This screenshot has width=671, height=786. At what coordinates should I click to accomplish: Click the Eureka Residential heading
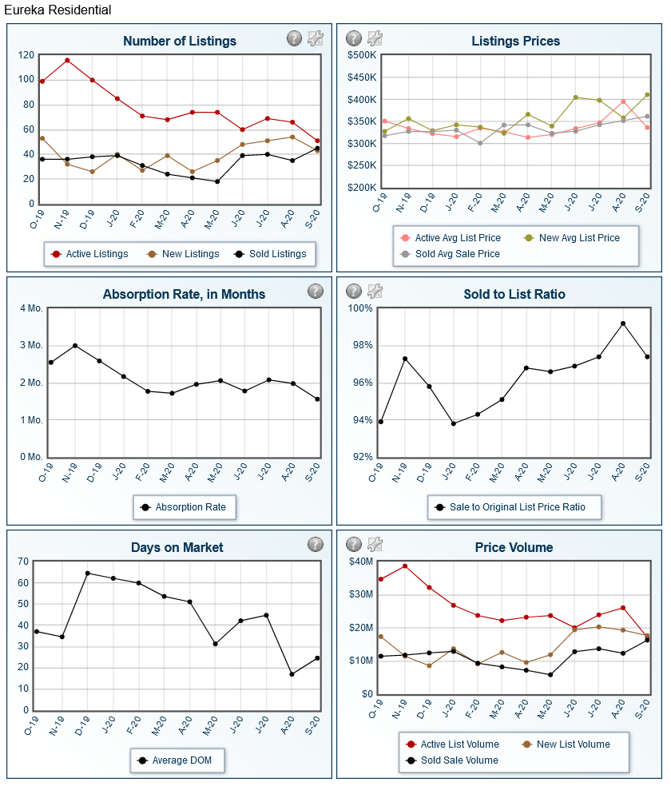pyautogui.click(x=58, y=10)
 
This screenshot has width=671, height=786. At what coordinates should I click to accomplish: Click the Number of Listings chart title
pyautogui.click(x=180, y=41)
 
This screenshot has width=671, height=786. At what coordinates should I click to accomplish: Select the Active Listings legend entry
pyautogui.click(x=97, y=254)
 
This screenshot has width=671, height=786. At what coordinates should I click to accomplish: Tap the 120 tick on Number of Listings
pyautogui.click(x=25, y=55)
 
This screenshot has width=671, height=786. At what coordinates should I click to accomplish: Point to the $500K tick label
pyautogui.click(x=362, y=55)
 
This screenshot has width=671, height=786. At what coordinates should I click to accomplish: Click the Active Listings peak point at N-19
pyautogui.click(x=67, y=60)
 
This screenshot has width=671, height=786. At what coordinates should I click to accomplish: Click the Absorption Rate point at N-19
pyautogui.click(x=75, y=346)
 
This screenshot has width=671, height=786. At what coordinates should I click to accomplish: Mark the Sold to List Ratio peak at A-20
pyautogui.click(x=623, y=324)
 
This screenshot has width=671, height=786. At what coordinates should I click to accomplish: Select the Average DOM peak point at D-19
pyautogui.click(x=88, y=573)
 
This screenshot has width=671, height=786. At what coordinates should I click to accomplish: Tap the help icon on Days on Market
pyautogui.click(x=316, y=544)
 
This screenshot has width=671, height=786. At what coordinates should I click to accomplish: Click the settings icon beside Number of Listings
pyautogui.click(x=316, y=38)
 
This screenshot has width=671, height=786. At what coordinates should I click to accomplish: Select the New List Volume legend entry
pyautogui.click(x=573, y=744)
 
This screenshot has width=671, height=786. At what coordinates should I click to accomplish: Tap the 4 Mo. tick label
pyautogui.click(x=31, y=308)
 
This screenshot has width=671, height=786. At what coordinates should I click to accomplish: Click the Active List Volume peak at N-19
pyautogui.click(x=405, y=566)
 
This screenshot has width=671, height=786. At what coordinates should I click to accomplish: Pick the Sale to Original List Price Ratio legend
pyautogui.click(x=517, y=507)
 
